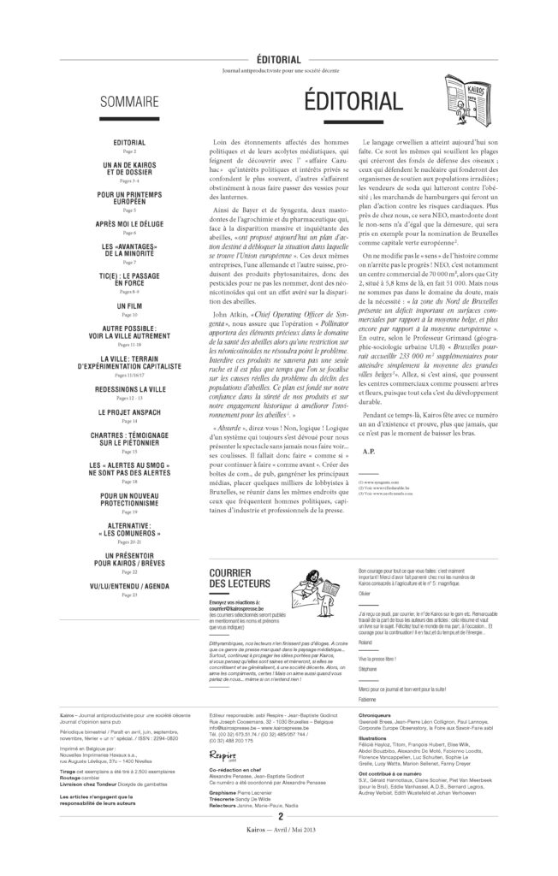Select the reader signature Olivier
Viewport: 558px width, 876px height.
365,592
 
